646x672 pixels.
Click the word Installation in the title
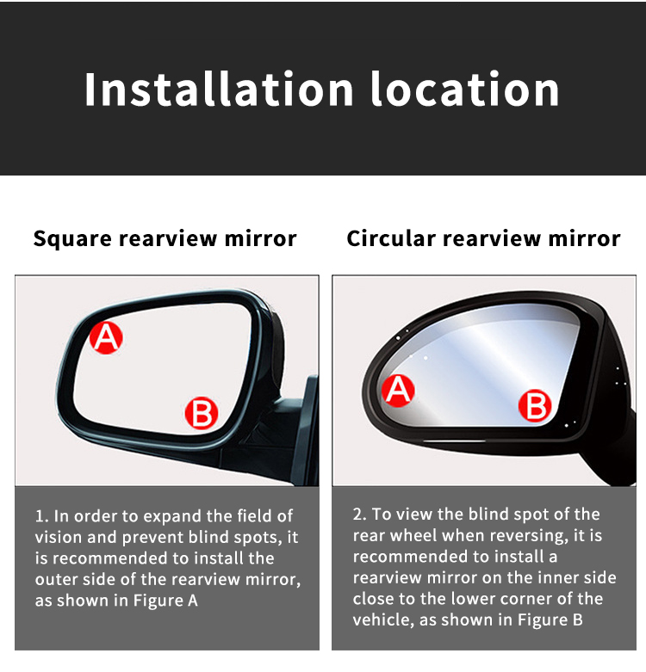221,89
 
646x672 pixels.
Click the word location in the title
465,89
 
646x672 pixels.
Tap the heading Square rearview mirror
165,238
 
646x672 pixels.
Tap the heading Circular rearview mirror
483,238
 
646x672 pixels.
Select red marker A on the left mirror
106,336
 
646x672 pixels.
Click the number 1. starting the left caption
41,516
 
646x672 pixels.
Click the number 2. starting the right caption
360,514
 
